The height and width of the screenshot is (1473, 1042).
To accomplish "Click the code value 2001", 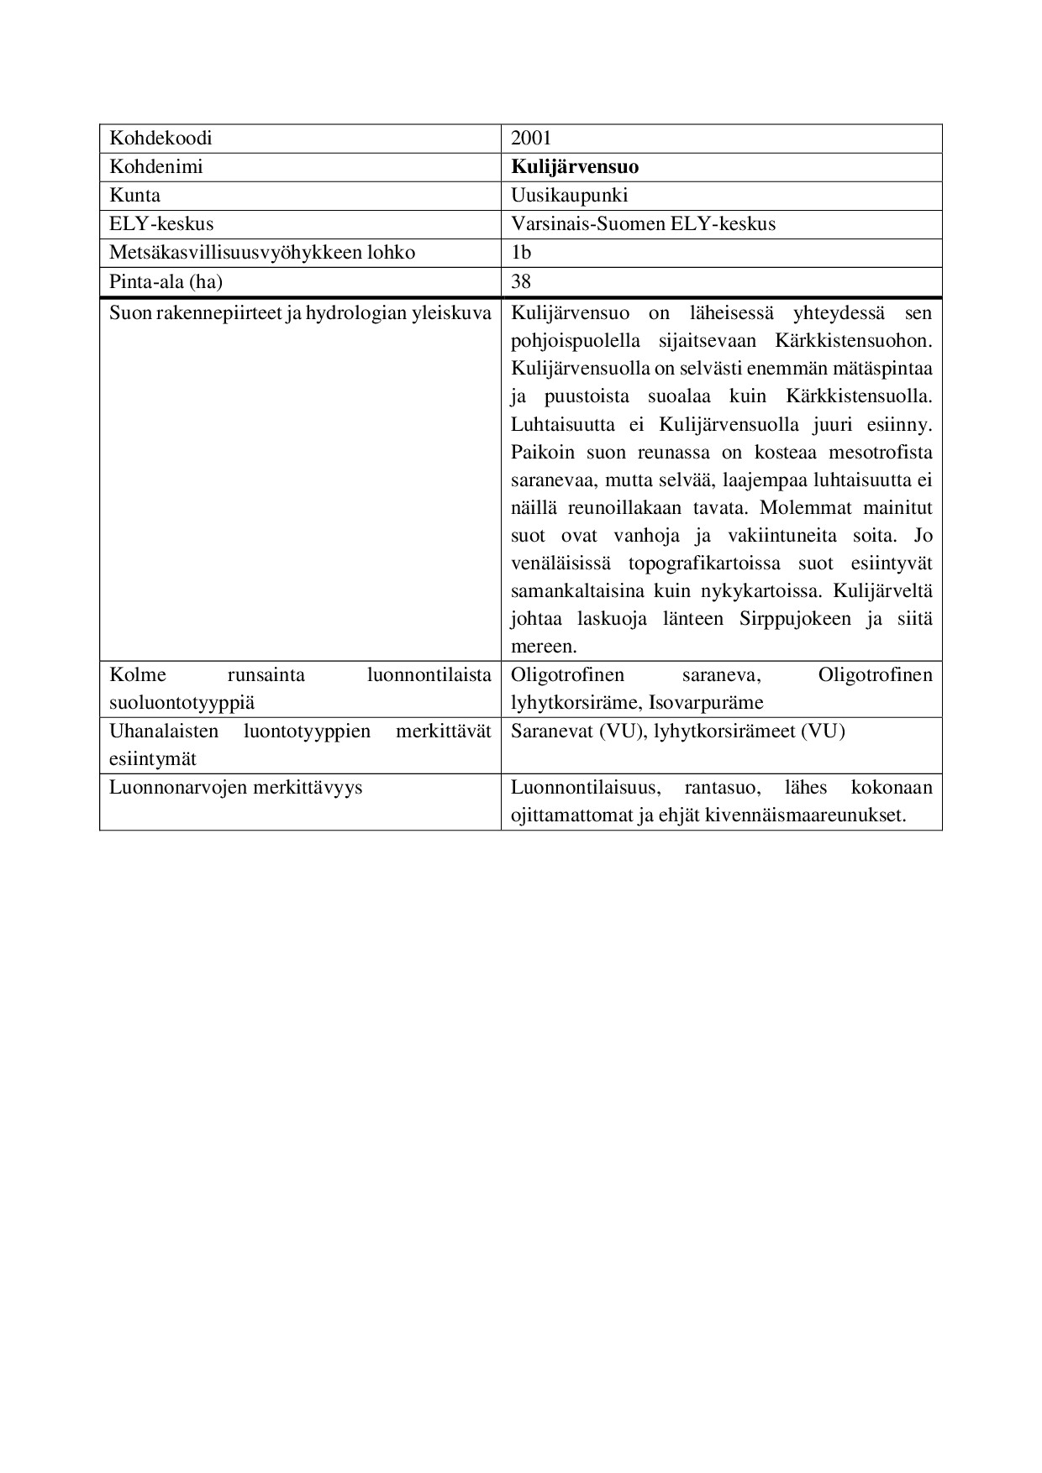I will [530, 139].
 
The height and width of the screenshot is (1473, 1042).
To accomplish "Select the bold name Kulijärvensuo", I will [575, 167].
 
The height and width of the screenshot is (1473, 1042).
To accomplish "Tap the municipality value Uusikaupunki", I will [569, 196].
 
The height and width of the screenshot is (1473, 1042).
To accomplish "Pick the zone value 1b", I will [521, 253].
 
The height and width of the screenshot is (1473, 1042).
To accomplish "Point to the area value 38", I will [521, 281].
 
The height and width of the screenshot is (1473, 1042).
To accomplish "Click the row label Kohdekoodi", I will [161, 139].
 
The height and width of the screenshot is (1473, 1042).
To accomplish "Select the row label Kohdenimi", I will [156, 167].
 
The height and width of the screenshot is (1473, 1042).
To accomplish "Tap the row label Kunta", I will [134, 196].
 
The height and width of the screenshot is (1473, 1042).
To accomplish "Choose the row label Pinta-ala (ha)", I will [166, 281].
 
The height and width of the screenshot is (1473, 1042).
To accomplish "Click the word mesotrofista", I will [881, 453].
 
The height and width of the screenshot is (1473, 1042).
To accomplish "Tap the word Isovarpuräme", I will [706, 703].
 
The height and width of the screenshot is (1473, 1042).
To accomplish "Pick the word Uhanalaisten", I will [164, 731].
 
